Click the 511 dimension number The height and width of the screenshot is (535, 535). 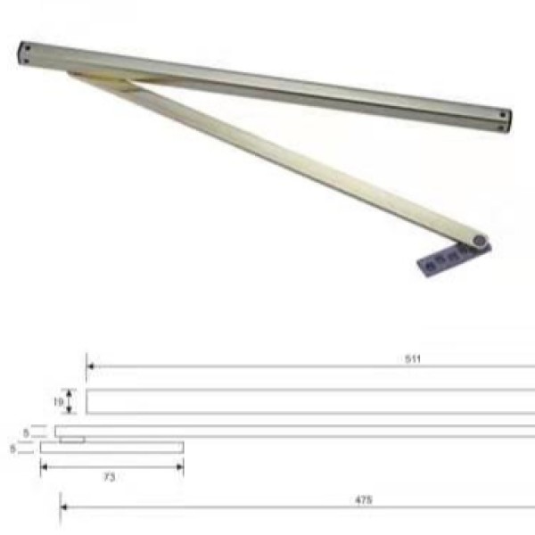(x=411, y=358)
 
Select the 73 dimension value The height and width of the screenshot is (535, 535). (x=109, y=478)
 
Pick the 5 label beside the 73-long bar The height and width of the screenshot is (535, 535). (x=12, y=449)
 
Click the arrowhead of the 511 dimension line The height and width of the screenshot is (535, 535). (x=90, y=366)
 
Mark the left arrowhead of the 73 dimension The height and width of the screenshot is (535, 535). (x=44, y=467)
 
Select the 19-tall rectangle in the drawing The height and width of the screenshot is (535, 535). (x=312, y=401)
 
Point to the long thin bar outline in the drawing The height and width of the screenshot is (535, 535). (x=312, y=431)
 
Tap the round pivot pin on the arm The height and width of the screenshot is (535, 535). (x=481, y=241)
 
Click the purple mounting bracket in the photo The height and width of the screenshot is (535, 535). (x=439, y=262)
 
